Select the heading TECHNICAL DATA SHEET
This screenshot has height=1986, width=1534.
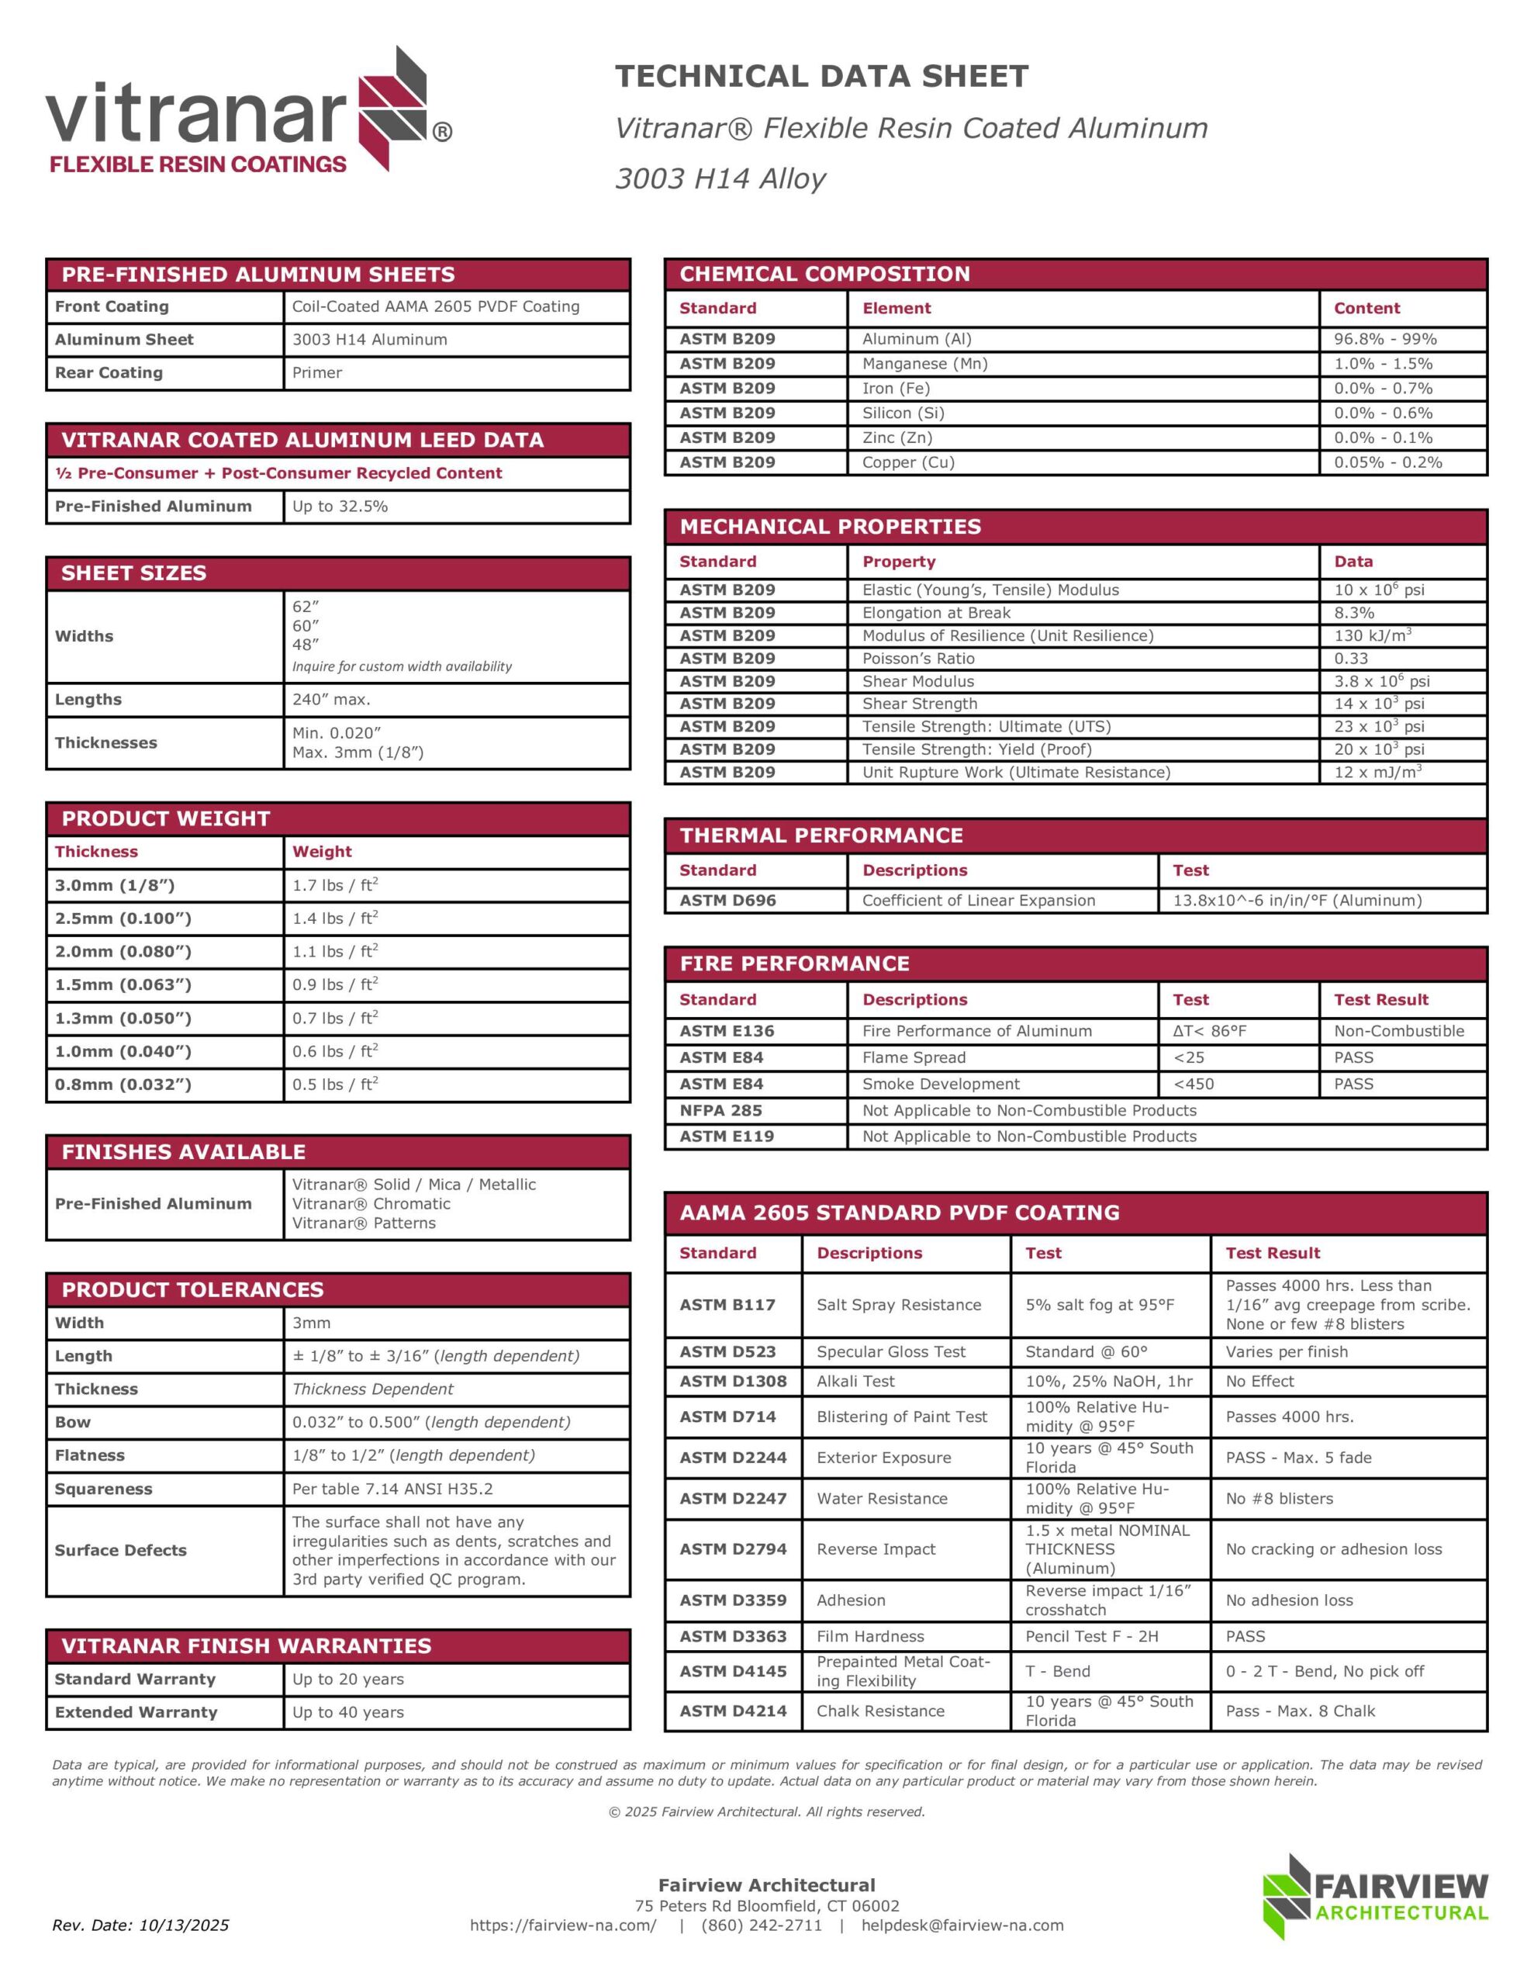coord(821,76)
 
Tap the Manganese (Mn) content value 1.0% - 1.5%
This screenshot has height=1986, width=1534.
coord(1382,364)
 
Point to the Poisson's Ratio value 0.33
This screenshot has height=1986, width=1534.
coord(1350,659)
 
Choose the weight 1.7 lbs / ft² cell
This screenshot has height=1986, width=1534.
coord(334,885)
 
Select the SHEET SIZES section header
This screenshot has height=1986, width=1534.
coord(133,573)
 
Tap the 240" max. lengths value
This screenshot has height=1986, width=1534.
coord(331,699)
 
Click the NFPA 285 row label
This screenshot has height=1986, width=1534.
coord(720,1110)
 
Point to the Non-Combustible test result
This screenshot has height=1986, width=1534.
coord(1398,1030)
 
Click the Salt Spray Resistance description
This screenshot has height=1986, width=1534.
coord(898,1305)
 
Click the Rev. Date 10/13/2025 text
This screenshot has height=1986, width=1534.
coord(140,1925)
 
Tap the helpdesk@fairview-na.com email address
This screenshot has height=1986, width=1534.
coord(962,1925)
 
